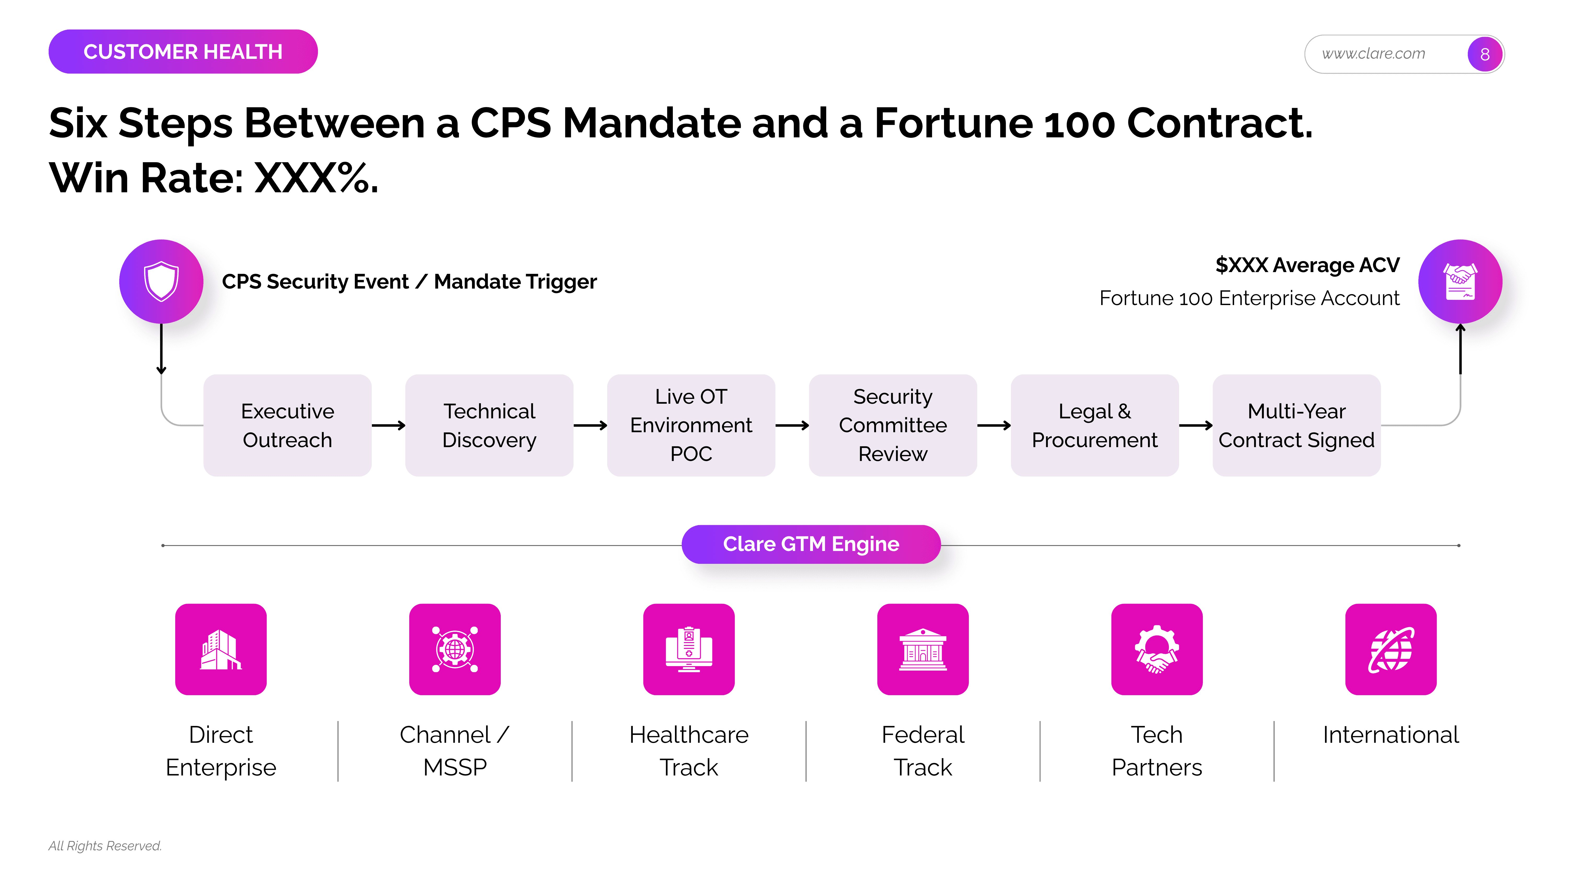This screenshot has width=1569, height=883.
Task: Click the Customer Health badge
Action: pyautogui.click(x=183, y=52)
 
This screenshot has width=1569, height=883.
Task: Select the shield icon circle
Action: pyautogui.click(x=161, y=282)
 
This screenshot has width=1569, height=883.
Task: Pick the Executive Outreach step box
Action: pyautogui.click(x=287, y=425)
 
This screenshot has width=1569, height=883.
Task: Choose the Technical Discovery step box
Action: pyautogui.click(x=489, y=425)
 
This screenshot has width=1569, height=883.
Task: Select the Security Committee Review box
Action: pyautogui.click(x=893, y=425)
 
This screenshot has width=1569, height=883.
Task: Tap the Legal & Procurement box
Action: pyautogui.click(x=1095, y=425)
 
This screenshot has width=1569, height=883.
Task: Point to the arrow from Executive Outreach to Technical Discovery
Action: pyautogui.click(x=389, y=425)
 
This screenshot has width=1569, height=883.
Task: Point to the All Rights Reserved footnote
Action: pyautogui.click(x=105, y=846)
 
